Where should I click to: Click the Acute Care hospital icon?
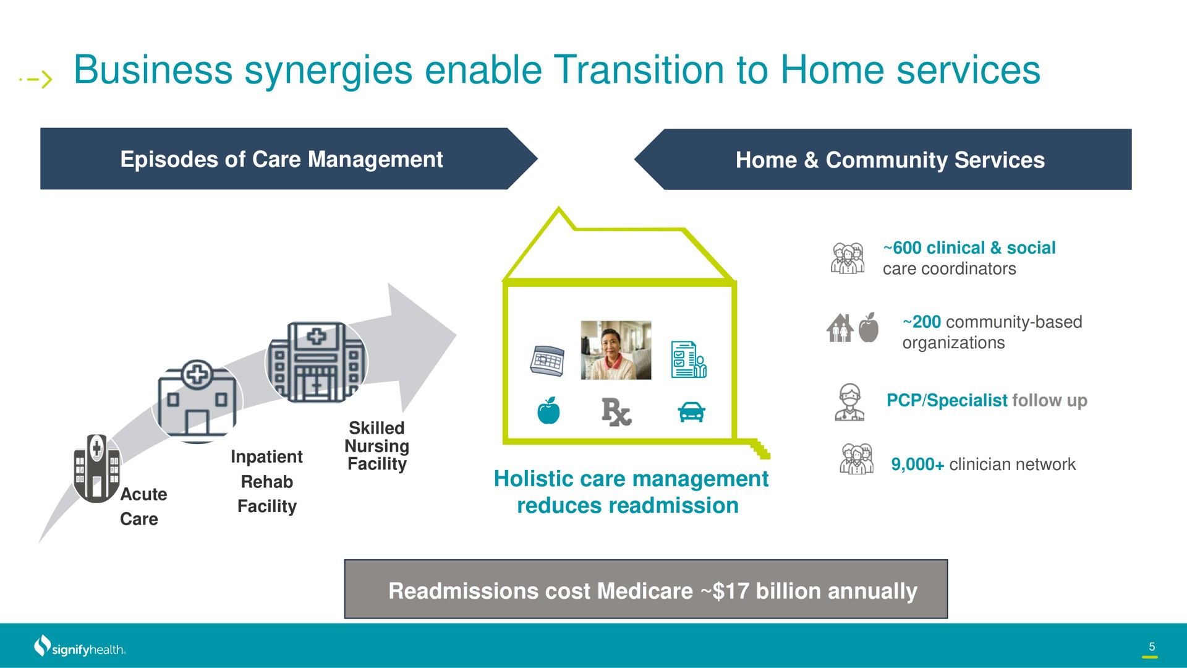click(x=97, y=468)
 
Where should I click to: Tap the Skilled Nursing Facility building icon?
click(x=316, y=362)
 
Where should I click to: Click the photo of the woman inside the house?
click(x=616, y=350)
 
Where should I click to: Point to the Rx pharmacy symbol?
click(x=616, y=413)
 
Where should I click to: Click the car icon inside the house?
click(x=691, y=412)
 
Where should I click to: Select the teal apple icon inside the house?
click(x=548, y=411)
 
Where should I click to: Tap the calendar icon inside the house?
click(x=547, y=361)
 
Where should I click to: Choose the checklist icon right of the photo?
click(x=689, y=359)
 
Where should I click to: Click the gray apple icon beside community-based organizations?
click(x=869, y=327)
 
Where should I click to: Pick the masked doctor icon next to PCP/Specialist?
click(x=849, y=402)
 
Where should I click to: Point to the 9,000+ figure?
click(x=917, y=465)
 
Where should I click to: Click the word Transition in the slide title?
click(x=639, y=70)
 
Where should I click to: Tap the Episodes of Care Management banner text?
click(x=281, y=160)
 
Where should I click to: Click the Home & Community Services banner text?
click(x=890, y=160)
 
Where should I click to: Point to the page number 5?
click(x=1152, y=646)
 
